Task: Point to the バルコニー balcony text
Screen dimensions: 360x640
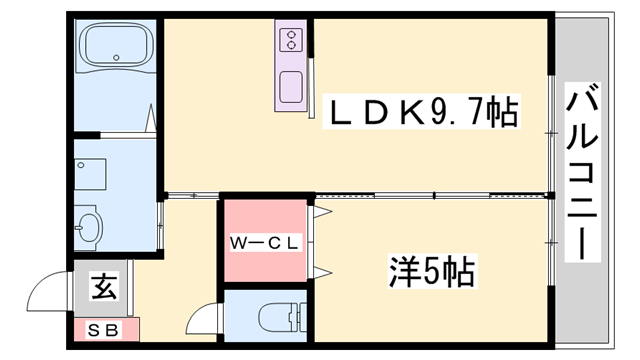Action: point(582,171)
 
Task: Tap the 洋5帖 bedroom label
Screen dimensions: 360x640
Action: point(430,269)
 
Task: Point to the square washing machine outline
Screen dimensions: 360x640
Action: point(91,174)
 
